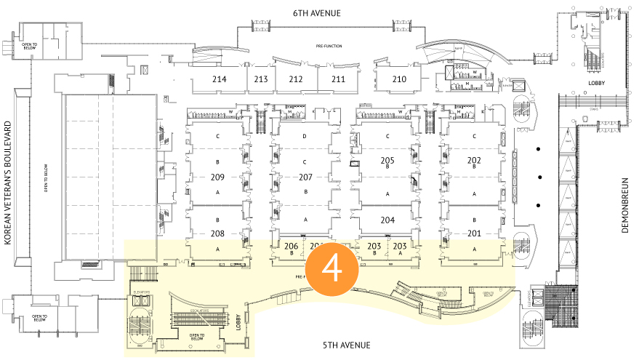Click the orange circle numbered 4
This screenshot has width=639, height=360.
point(332,268)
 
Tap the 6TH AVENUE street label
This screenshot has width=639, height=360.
point(317,13)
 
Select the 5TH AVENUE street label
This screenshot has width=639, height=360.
point(347,344)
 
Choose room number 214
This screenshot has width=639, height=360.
point(219,79)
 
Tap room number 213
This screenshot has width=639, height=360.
point(261,79)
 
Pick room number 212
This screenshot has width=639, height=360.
point(295,79)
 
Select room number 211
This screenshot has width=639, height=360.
point(338,79)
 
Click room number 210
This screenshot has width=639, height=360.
point(399,79)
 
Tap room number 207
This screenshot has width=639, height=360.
point(305,177)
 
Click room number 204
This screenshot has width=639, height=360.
point(387,220)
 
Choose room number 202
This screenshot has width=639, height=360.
point(474,160)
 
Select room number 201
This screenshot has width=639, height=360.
point(474,233)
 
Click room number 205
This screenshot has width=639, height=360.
point(387,160)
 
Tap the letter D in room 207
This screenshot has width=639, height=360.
point(305,137)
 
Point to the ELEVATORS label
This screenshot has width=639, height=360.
point(142,292)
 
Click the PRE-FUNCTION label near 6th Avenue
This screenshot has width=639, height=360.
point(329,46)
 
